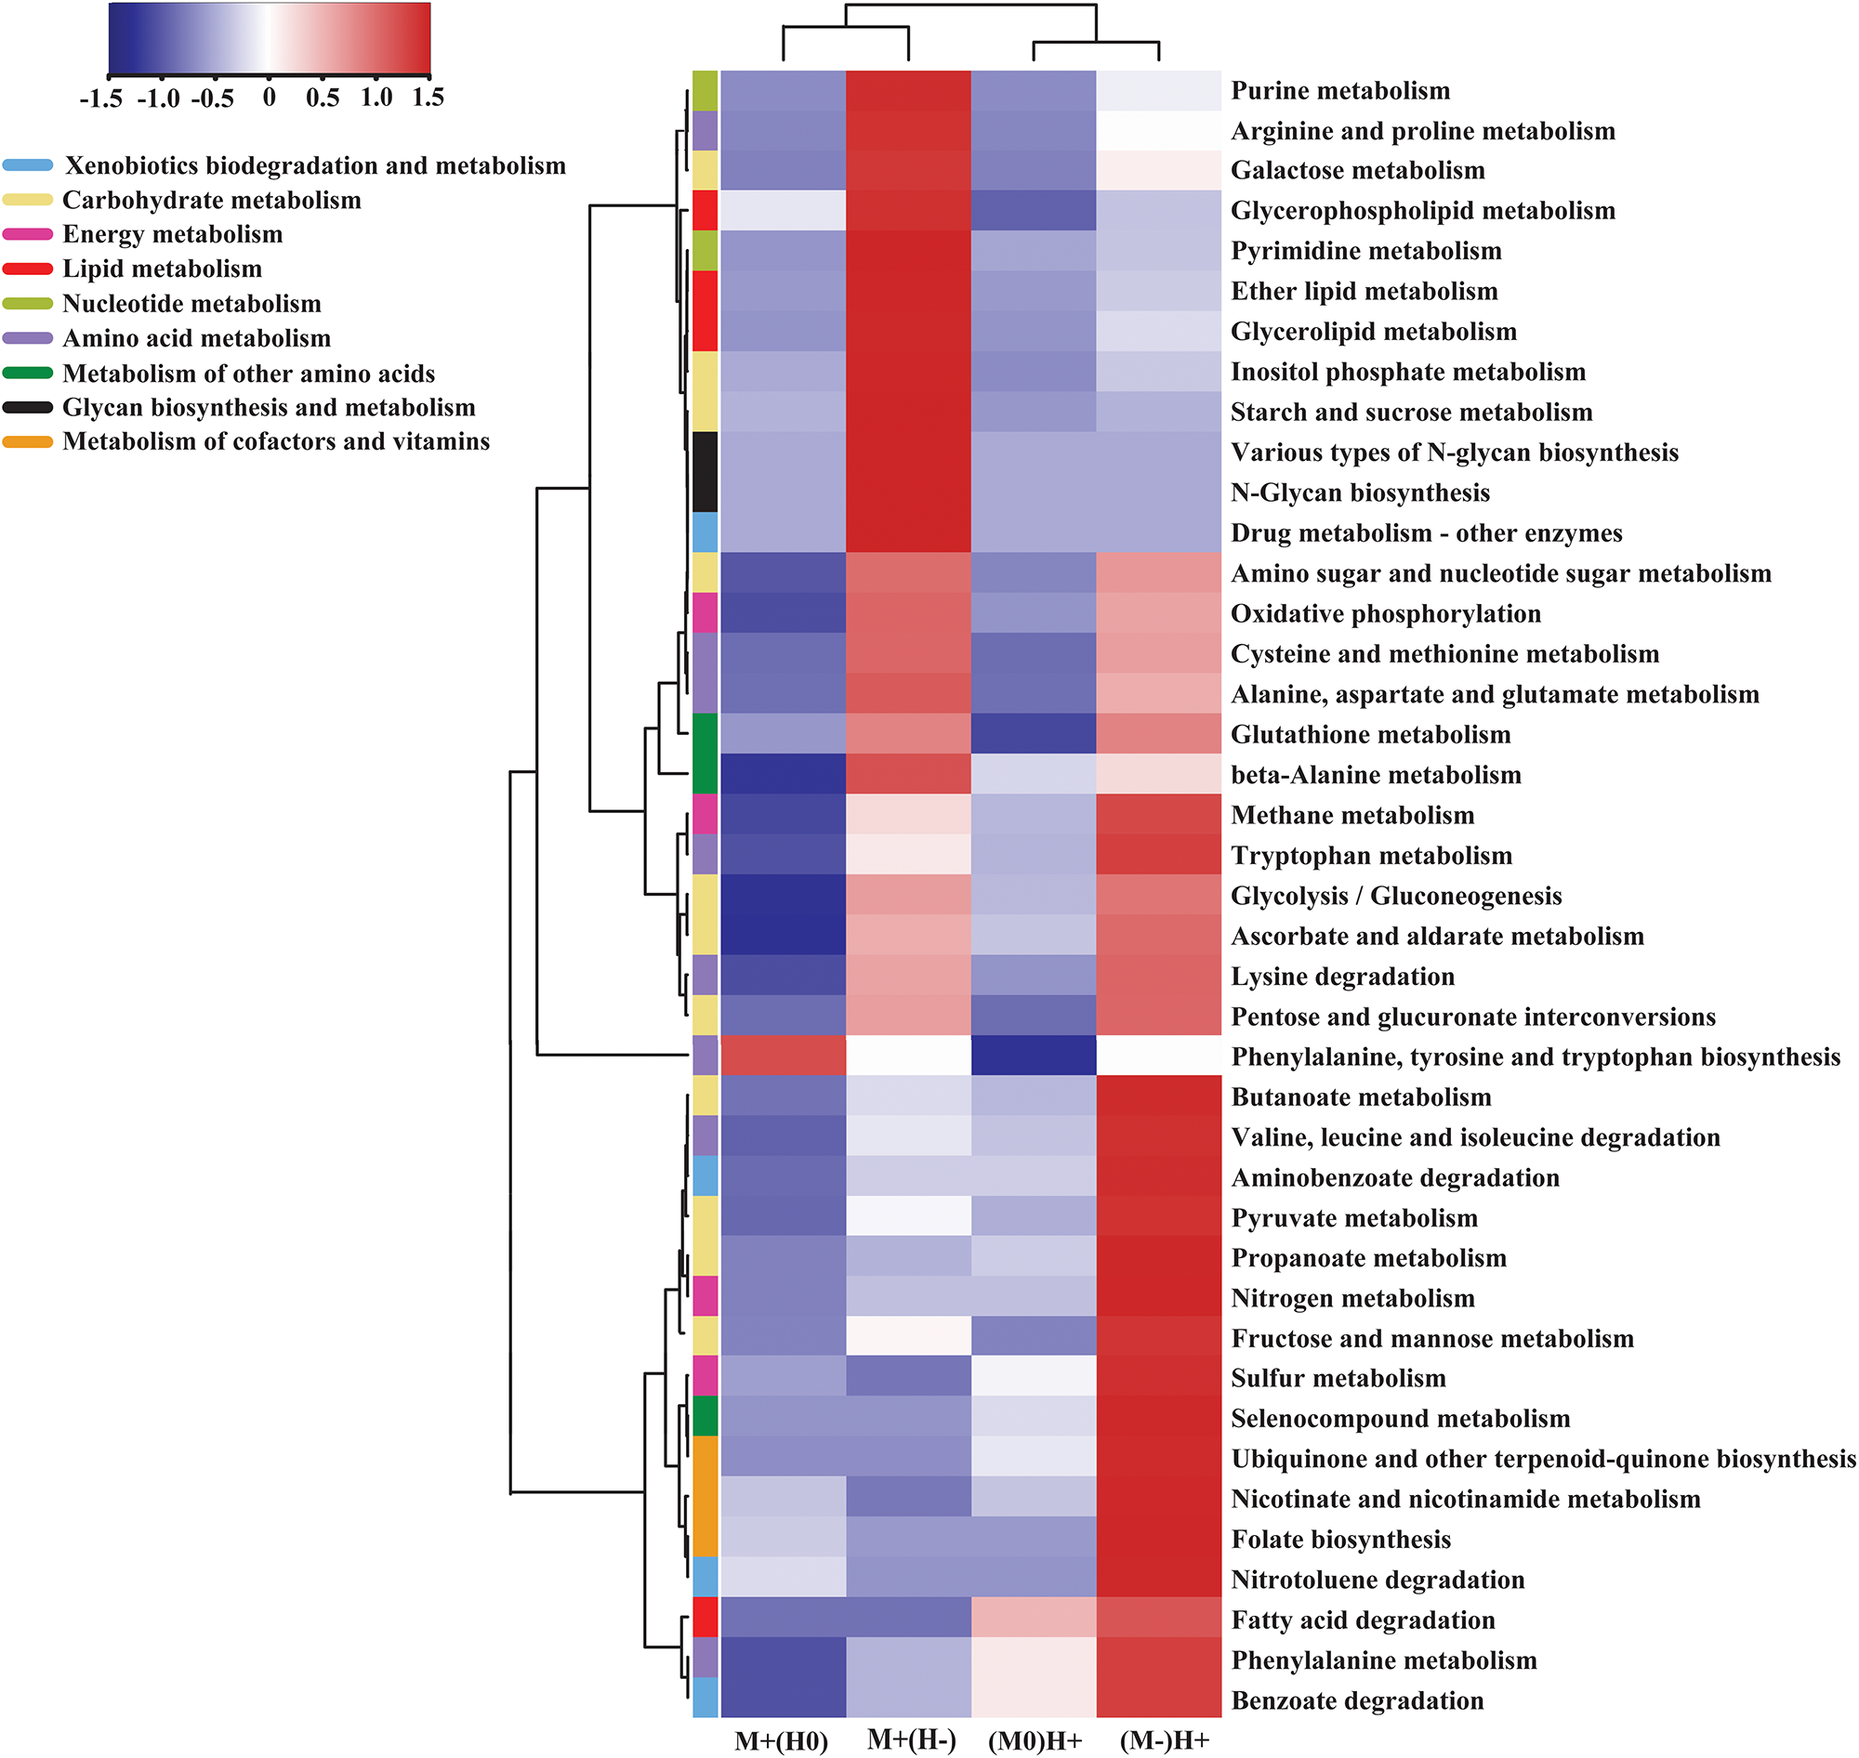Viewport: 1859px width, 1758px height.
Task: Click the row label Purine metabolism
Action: tap(1339, 91)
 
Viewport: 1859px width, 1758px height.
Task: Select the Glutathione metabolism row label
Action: tap(1370, 735)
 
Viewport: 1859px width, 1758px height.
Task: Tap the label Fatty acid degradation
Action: tap(1362, 1620)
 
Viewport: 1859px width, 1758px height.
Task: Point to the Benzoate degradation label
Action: tap(1356, 1700)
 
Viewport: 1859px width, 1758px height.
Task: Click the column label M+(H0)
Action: tap(781, 1741)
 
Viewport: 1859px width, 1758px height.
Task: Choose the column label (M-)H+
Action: tap(1164, 1741)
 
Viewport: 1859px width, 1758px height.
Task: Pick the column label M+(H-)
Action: tap(911, 1740)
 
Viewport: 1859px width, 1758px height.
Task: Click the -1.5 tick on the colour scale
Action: tap(101, 98)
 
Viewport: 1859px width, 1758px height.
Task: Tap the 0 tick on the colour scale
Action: tap(269, 98)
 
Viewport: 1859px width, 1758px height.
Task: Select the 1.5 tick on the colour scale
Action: tap(428, 98)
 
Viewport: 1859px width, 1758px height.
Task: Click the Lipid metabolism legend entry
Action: tap(162, 269)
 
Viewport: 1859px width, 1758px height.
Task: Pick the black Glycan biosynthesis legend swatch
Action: tap(27, 408)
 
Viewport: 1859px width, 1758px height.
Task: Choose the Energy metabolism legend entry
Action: tap(173, 234)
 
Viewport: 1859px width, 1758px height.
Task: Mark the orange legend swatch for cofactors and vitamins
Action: tap(27, 441)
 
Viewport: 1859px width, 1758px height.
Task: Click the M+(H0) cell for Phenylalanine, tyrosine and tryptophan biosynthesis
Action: tap(783, 1056)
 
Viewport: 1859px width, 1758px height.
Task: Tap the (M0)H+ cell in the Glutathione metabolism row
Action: tap(1033, 735)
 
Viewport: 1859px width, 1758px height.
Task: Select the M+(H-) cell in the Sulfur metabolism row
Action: tap(908, 1378)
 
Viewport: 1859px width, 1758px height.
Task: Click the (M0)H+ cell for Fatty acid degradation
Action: tap(1033, 1620)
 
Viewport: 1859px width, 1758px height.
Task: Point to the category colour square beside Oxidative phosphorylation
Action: tap(705, 613)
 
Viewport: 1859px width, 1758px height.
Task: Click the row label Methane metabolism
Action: tap(1351, 815)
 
